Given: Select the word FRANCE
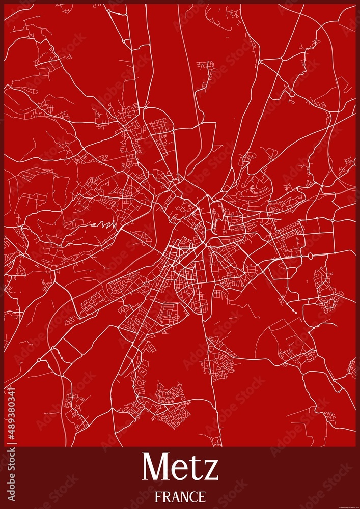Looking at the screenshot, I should coord(180,496).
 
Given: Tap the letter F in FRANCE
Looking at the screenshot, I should coord(158,496).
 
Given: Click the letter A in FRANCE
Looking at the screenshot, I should coord(175,496).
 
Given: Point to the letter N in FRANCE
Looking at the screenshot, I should coord(184,496).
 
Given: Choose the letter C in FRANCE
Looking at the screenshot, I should coord(193,496).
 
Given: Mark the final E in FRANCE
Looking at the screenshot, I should coord(202,496).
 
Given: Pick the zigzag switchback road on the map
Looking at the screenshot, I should coord(104,224).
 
